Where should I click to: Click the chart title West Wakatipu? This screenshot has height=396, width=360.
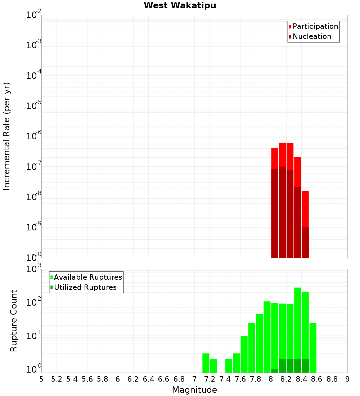coord(180,5)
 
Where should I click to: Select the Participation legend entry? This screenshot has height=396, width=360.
coord(315,26)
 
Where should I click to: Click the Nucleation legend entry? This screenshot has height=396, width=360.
coord(311,36)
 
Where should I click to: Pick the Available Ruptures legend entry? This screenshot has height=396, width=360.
coord(87,277)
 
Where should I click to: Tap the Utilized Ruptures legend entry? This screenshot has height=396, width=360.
coord(85,287)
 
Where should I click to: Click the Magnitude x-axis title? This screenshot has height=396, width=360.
coord(194,390)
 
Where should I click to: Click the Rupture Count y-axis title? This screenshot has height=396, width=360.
coord(14,320)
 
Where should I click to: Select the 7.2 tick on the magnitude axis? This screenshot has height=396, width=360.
coord(210,379)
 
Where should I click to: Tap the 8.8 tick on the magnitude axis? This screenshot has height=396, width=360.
coord(332,379)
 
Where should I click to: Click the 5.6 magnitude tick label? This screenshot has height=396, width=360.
coord(87,379)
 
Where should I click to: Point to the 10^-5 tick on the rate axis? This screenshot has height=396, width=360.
coord(33,106)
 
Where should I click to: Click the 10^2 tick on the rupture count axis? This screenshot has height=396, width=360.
coord(33,302)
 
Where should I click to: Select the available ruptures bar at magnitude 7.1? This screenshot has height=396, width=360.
coord(206,363)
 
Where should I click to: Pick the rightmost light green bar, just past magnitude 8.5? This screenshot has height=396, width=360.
coord(313,348)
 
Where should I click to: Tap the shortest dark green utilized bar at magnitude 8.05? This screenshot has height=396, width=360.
coord(275,371)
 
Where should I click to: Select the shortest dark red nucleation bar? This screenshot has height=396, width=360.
coord(305,242)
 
